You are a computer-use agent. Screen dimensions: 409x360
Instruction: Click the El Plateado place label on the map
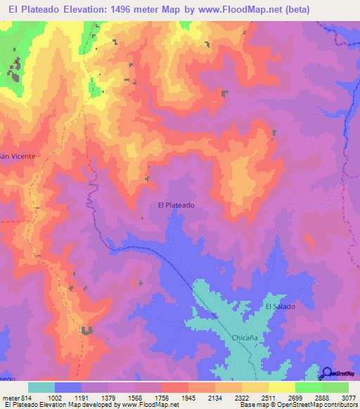pos(176,205)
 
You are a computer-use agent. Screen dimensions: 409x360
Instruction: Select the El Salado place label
pos(280,306)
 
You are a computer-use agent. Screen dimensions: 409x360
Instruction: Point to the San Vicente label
pos(17,155)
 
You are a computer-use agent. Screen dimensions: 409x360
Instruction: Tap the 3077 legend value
pos(348,398)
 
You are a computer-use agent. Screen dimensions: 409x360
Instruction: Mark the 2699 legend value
pos(295,398)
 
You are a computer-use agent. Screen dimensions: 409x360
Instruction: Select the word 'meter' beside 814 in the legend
pos(12,398)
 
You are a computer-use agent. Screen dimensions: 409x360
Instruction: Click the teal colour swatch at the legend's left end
pos(41,387)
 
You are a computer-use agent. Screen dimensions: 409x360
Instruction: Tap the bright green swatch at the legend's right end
pos(335,387)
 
